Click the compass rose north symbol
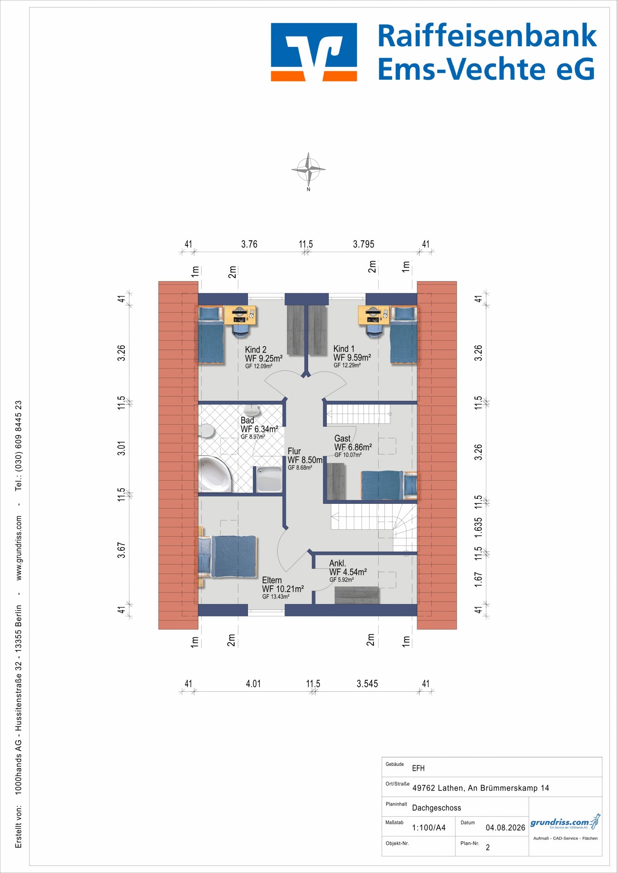(308, 170)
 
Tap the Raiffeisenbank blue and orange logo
(314, 52)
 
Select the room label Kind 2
(256, 350)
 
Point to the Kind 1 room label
(344, 349)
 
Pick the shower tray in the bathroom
(269, 479)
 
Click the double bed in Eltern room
(228, 556)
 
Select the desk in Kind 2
(240, 316)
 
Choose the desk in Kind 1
(374, 316)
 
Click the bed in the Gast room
(389, 485)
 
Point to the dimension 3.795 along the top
(364, 244)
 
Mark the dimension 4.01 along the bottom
(253, 684)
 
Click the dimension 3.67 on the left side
(121, 550)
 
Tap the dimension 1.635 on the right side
(478, 528)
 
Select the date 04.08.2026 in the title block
(505, 827)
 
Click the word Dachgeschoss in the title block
(437, 808)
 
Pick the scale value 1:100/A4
(429, 827)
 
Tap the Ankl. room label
(337, 563)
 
